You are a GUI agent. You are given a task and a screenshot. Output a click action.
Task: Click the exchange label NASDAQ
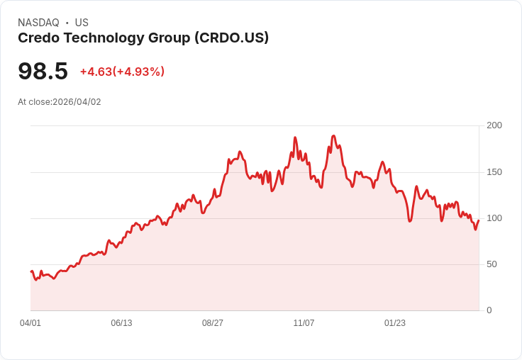pos(38,23)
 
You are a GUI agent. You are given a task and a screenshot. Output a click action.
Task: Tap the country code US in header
pos(82,23)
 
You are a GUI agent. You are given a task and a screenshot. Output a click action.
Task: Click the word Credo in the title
pos(38,38)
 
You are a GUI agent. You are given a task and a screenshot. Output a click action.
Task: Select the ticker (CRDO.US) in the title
pos(231,38)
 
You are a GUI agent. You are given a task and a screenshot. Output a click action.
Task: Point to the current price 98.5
pos(43,72)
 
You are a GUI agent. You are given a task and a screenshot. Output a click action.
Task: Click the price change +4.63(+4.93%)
pos(122,72)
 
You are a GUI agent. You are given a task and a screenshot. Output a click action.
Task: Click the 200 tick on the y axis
pos(494,125)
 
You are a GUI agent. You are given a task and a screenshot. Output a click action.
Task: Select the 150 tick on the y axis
pos(494,171)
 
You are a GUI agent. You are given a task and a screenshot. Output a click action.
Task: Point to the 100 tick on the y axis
pos(494,218)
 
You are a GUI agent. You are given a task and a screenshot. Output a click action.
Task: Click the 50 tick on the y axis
pos(491,264)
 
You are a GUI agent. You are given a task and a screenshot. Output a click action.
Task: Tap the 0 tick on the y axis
pos(489,310)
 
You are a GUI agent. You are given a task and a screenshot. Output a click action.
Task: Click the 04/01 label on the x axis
pos(30,323)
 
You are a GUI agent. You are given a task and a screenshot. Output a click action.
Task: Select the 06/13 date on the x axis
pos(121,323)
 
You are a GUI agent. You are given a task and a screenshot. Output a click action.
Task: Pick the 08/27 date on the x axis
pos(213,323)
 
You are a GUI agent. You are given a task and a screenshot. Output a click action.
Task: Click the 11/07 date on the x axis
pos(304,323)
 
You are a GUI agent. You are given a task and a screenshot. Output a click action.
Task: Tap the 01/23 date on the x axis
pos(395,323)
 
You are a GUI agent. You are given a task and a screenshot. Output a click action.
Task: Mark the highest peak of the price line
pos(333,135)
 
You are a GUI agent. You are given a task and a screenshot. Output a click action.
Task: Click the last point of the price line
pos(479,220)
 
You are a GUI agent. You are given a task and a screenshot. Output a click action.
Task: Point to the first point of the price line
pos(30,271)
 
